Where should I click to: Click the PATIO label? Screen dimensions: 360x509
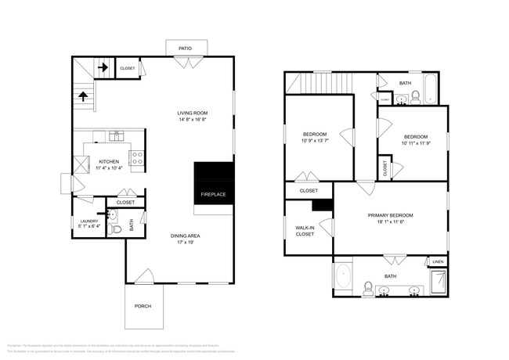pos(186,49)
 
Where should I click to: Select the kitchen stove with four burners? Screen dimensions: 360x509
pos(136,160)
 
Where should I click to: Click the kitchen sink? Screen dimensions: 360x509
pos(115,136)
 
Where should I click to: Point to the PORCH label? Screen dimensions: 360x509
pos(143,306)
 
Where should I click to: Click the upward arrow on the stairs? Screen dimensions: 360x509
pos(83,97)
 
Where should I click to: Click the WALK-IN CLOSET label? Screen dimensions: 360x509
pos(305,231)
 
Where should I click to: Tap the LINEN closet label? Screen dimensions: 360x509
pos(437,261)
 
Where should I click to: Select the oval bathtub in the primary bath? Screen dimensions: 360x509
pos(343,275)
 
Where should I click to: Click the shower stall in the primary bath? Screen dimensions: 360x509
pos(439,281)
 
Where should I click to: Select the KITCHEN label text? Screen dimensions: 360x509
pos(109,161)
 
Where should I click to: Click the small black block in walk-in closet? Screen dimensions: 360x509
pos(319,206)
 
